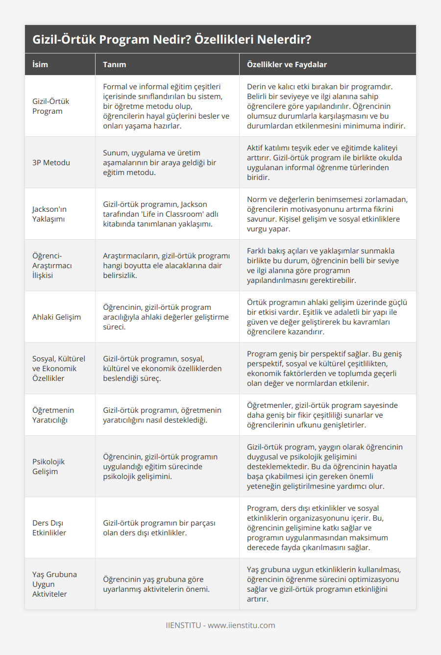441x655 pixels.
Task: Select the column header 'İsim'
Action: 40,64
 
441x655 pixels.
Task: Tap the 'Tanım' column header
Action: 115,64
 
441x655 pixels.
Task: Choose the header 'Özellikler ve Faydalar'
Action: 287,64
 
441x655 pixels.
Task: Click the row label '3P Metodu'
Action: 51,162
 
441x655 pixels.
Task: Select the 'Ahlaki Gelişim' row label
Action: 56,317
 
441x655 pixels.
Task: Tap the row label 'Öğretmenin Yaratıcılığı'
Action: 53,415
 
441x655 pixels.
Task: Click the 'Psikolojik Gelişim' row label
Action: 49,466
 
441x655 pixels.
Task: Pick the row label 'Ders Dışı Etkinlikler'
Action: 49,528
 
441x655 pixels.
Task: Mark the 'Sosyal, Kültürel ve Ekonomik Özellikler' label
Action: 58,368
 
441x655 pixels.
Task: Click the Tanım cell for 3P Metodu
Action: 159,162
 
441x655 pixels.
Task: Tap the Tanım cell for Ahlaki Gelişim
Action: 166,317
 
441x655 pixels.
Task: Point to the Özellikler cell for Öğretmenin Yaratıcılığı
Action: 322,415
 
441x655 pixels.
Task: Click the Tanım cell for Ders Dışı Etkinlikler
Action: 159,528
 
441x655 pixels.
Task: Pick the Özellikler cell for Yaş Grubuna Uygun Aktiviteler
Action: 323,584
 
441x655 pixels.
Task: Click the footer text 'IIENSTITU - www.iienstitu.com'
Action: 220,625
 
